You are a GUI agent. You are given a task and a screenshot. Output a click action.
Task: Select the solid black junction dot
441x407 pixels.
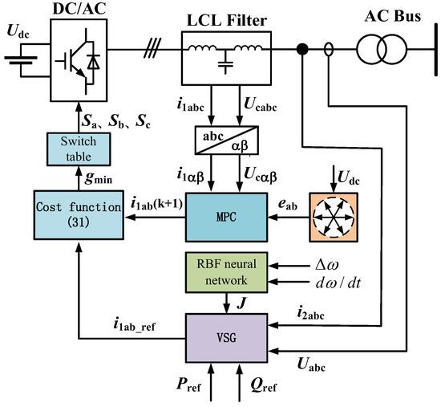tap(302, 51)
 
